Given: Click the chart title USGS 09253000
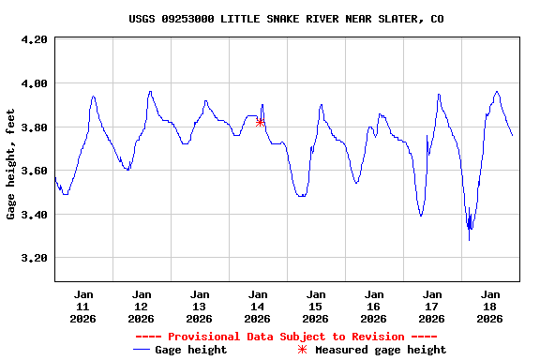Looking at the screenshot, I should (x=286, y=19).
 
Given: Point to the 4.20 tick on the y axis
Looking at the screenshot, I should (x=33, y=39).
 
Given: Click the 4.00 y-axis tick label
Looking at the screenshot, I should (x=33, y=83).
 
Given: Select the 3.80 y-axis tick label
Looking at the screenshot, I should (x=33, y=127).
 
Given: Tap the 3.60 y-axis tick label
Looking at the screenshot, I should (x=33, y=171).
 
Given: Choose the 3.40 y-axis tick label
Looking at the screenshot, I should (x=33, y=215).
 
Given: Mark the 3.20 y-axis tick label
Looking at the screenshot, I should (x=33, y=258).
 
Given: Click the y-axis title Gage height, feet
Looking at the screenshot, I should (x=11, y=162).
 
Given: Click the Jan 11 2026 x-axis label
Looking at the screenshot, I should (x=83, y=306).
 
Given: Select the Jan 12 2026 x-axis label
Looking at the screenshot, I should (x=142, y=306).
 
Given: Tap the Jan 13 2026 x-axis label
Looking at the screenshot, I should (x=200, y=306).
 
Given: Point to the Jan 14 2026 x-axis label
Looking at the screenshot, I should (x=258, y=306).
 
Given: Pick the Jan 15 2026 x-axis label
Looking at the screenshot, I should (x=316, y=306).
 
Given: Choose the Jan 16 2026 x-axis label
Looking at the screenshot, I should (x=374, y=306).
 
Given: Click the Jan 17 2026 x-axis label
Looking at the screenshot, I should (x=432, y=306).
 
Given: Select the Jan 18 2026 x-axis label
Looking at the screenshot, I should (x=490, y=306).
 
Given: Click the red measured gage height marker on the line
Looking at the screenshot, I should (x=260, y=122).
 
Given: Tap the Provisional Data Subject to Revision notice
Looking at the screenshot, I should (x=286, y=337).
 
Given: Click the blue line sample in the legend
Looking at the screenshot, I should (x=142, y=350).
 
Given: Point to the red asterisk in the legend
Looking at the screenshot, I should (x=302, y=350).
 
